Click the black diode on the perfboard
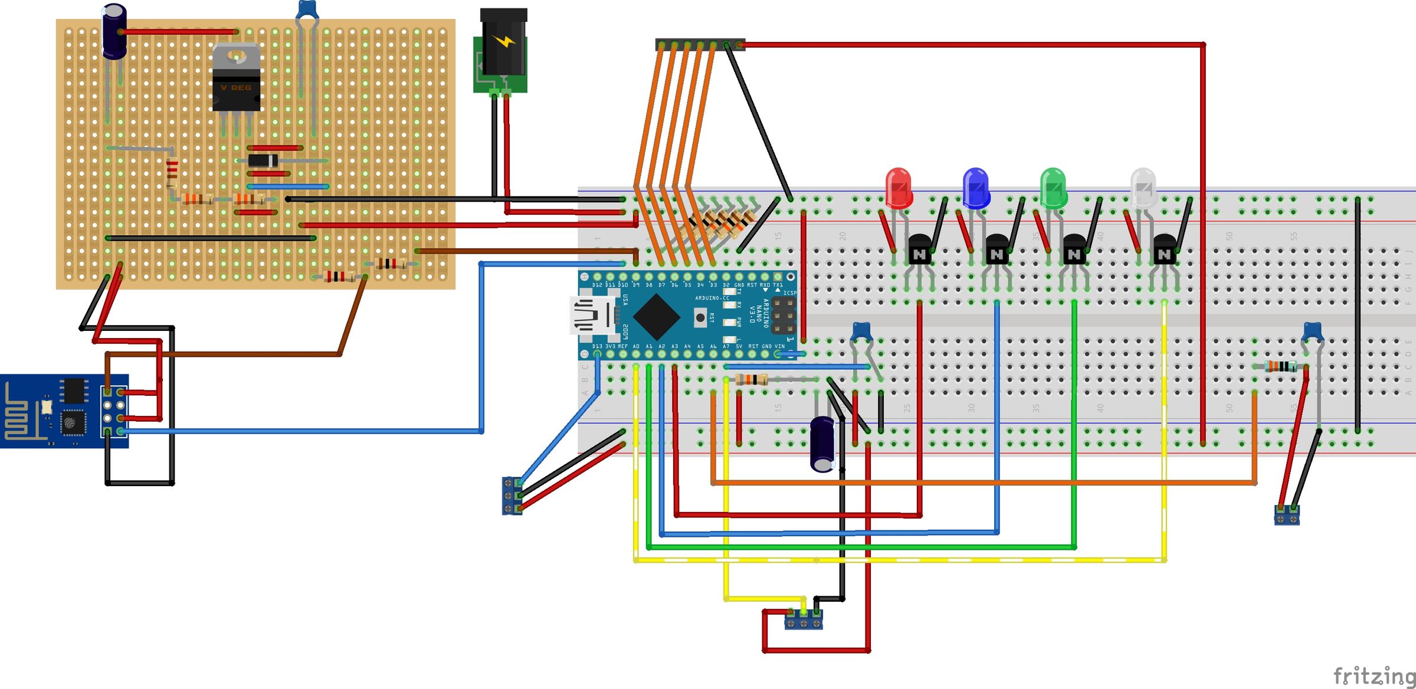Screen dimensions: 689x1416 coord(263,160)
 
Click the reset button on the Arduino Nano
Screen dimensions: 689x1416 coord(700,317)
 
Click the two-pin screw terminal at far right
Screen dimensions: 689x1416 coord(1287,516)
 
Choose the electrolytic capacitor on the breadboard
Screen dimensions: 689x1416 coord(822,444)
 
